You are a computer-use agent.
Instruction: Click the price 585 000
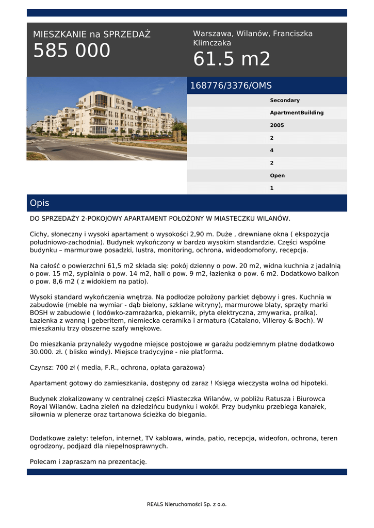click(x=72, y=51)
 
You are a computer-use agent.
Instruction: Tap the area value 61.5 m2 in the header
click(x=232, y=59)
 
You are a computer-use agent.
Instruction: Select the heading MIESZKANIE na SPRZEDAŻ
click(x=92, y=35)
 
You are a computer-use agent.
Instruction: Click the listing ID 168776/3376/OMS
click(x=231, y=86)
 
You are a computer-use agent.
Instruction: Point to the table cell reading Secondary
click(x=284, y=101)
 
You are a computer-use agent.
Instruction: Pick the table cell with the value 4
click(x=272, y=151)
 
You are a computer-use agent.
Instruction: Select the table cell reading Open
click(x=277, y=176)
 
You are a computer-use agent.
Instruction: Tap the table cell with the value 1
click(x=272, y=188)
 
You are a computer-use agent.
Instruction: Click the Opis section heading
click(x=40, y=203)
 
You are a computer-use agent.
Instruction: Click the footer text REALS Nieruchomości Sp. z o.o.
click(x=187, y=504)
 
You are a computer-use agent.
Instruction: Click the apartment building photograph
click(x=107, y=119)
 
